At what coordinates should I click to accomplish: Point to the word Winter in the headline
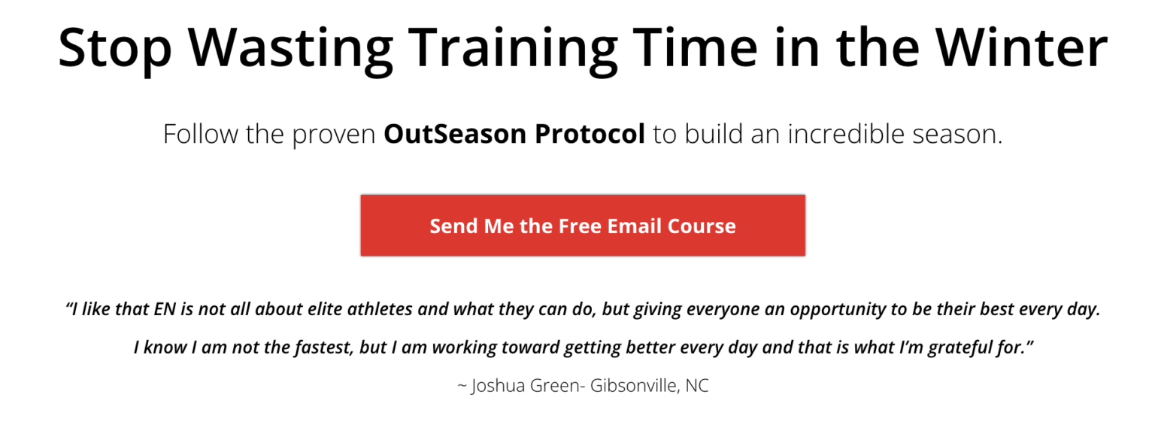coord(1022,47)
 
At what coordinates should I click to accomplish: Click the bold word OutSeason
coord(455,134)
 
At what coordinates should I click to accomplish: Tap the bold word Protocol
coord(590,134)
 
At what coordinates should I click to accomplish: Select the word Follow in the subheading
coord(201,134)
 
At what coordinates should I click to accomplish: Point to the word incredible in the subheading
coord(846,134)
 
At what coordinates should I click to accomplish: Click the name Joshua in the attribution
coord(498,386)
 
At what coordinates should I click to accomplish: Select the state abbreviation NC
coord(697,386)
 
